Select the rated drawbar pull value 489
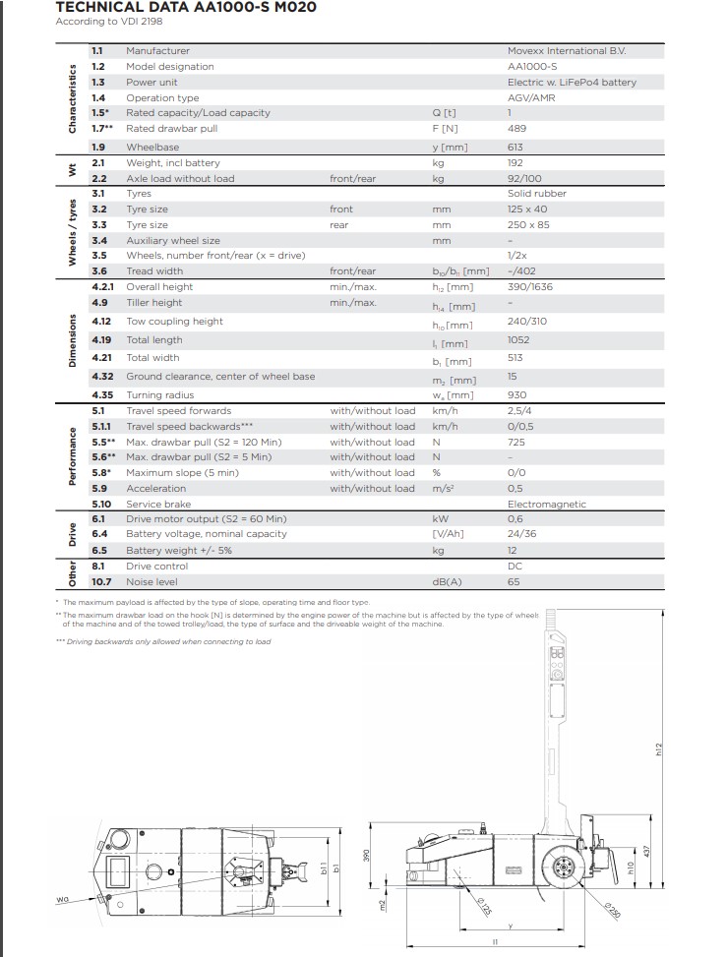click(516, 128)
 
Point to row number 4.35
click(102, 394)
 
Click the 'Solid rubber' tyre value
click(536, 194)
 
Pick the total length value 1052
click(518, 340)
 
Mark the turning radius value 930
click(515, 394)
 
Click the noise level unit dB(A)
click(448, 582)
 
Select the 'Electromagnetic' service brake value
click(546, 504)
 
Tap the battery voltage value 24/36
click(521, 534)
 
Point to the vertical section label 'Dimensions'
click(72, 340)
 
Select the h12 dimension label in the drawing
click(660, 749)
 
